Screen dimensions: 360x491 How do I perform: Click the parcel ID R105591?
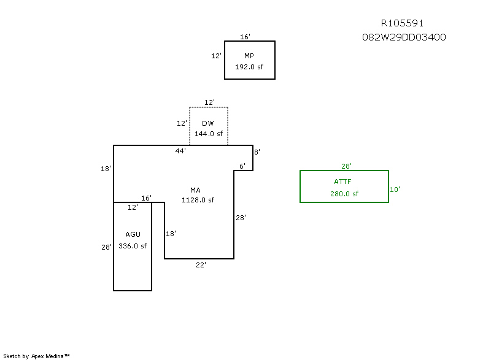click(402, 23)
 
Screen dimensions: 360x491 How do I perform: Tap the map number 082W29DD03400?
click(404, 37)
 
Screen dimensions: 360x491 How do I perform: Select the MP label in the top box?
click(249, 56)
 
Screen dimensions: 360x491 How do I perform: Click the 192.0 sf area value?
click(249, 67)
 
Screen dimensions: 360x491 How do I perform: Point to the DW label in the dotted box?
click(208, 123)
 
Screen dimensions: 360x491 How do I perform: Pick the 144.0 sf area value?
click(209, 134)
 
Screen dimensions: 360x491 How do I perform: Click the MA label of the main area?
click(195, 190)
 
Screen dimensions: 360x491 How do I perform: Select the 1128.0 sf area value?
click(198, 200)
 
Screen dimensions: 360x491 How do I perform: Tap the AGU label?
click(133, 234)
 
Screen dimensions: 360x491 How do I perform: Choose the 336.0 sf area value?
click(133, 246)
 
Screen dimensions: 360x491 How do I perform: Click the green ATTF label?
click(344, 182)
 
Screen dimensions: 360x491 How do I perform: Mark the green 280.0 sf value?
click(344, 194)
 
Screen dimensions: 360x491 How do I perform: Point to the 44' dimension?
click(180, 150)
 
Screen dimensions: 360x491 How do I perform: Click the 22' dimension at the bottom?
click(201, 265)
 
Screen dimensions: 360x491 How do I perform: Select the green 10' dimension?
click(395, 190)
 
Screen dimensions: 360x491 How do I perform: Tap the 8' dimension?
click(257, 151)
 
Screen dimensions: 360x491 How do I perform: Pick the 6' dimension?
click(242, 166)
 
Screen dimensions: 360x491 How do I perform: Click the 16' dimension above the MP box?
click(245, 37)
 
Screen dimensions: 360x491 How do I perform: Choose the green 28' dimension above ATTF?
click(347, 166)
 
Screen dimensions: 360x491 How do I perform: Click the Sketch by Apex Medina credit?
click(36, 356)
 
